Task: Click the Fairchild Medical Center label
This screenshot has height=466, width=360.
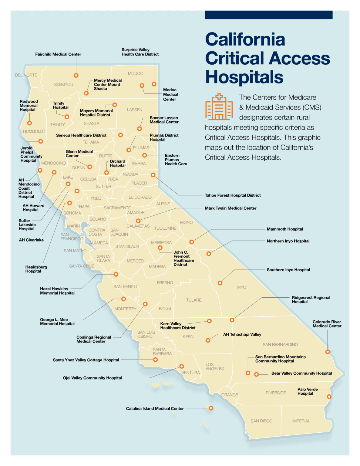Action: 58,54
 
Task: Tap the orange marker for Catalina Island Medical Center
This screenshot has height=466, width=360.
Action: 211,408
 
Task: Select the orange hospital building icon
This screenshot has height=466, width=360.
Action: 219,107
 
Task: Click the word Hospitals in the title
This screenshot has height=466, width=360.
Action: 244,77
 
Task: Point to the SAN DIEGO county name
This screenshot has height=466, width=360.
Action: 261,421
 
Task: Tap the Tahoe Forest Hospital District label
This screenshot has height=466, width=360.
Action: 233,195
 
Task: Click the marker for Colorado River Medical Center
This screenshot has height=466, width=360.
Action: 328,352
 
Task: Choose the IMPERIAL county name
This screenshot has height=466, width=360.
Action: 301,421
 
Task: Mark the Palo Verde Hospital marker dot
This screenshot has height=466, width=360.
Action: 329,397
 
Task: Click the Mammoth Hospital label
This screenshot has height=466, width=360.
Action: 285,229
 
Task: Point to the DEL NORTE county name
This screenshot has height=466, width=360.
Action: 26,75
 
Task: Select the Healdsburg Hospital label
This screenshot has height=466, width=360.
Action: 36,269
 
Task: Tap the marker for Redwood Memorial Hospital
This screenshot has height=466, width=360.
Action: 29,123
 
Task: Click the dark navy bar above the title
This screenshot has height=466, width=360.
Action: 268,15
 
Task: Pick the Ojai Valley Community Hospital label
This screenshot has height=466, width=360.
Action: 92,378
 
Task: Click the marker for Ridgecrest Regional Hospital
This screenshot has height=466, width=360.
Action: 232,320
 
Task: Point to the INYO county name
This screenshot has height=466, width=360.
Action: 241,287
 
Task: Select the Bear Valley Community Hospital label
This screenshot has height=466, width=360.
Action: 301,373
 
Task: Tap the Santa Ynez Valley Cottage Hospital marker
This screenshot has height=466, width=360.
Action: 156,360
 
